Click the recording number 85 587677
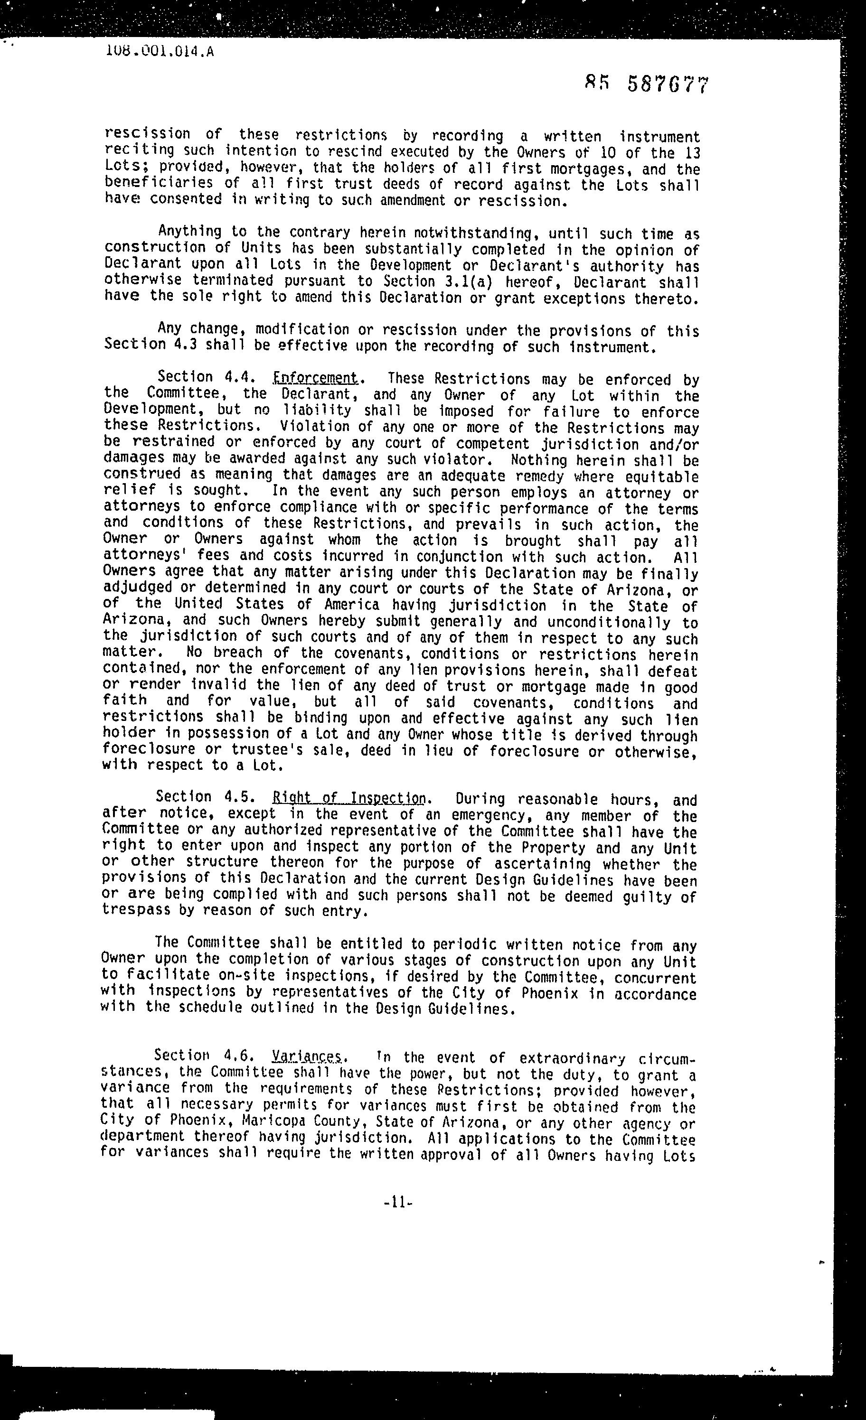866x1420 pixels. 646,84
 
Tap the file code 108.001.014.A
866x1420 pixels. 160,51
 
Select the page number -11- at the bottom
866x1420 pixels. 398,1202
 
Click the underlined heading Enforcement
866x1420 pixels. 315,379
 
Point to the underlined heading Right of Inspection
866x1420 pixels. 349,798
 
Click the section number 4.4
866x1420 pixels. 240,377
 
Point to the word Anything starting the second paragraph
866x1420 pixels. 190,232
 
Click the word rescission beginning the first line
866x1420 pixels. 147,134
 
